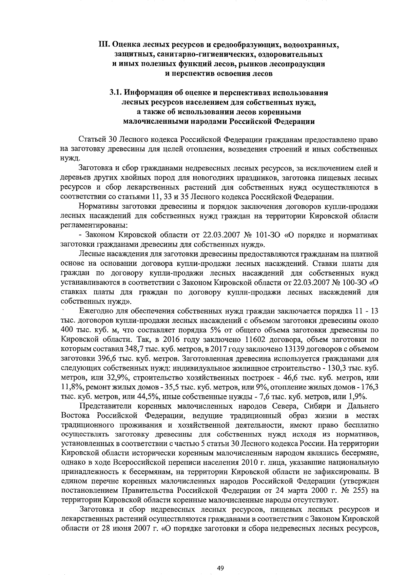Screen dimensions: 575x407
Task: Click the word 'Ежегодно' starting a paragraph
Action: pyautogui.click(x=95, y=311)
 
